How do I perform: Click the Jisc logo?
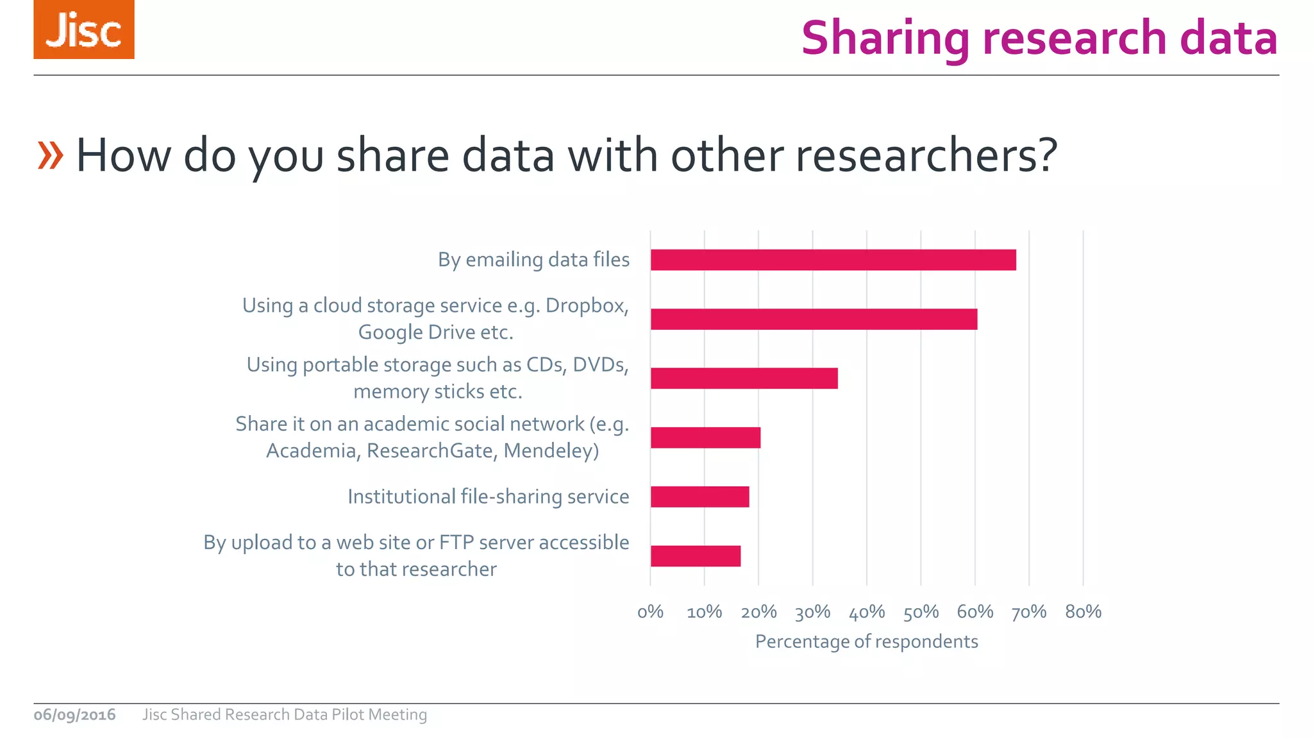coord(84,30)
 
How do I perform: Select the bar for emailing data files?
coord(833,260)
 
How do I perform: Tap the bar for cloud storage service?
coord(814,319)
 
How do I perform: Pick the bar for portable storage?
coord(744,378)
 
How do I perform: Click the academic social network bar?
coord(705,437)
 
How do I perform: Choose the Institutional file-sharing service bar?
coord(699,497)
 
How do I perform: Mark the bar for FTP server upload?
coord(696,556)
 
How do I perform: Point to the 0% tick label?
coord(650,612)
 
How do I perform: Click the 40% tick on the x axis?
coord(867,612)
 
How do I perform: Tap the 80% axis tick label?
coord(1083,612)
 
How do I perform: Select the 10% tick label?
coord(704,612)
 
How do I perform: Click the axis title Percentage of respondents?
coord(866,641)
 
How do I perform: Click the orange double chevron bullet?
coord(51,155)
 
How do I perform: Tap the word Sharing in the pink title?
coord(885,38)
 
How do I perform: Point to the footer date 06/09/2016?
coord(74,715)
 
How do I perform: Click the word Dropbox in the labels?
coord(585,305)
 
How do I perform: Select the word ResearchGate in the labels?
coord(429,451)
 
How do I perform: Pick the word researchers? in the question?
coord(926,155)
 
